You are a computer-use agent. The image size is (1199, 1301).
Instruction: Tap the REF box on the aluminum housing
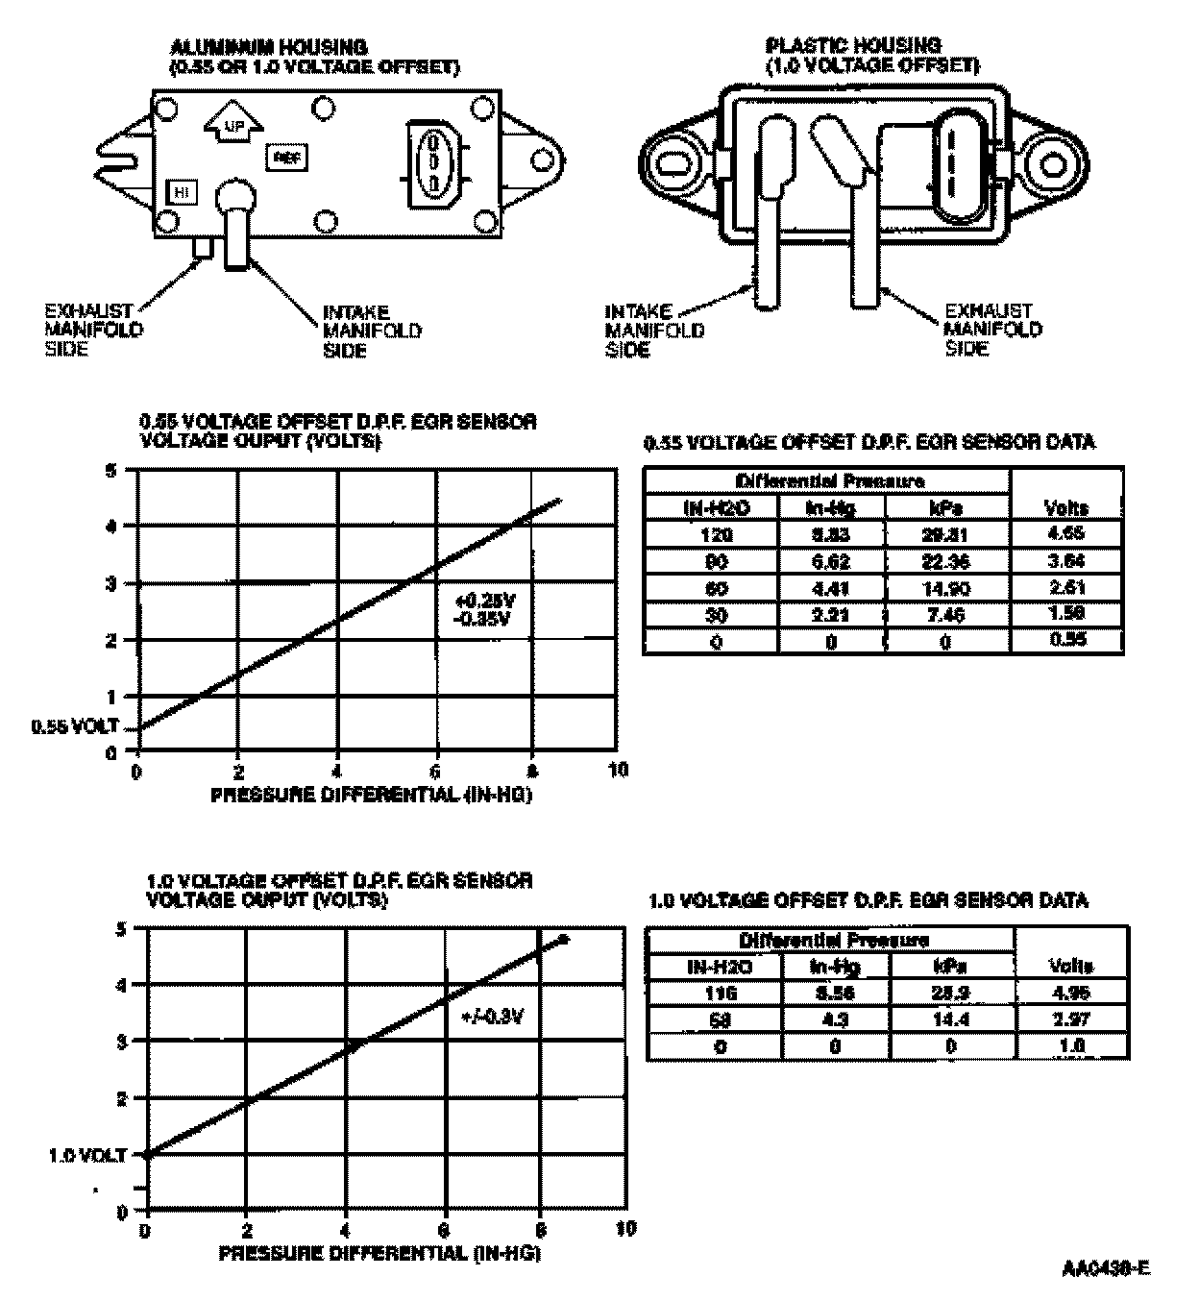[285, 157]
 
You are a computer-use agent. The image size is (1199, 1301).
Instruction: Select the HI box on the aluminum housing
[183, 192]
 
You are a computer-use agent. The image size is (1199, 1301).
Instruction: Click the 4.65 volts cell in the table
[1066, 533]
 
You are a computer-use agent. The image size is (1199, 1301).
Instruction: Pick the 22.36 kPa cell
[946, 561]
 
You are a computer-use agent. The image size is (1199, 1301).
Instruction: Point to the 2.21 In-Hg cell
[831, 615]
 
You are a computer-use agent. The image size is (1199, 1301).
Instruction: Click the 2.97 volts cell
[1071, 1019]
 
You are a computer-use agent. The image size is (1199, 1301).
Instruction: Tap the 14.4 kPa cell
[950, 1019]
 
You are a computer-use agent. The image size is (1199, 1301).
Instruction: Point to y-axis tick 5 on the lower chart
[121, 929]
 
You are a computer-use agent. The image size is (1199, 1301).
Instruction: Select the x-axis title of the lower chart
[379, 1254]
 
